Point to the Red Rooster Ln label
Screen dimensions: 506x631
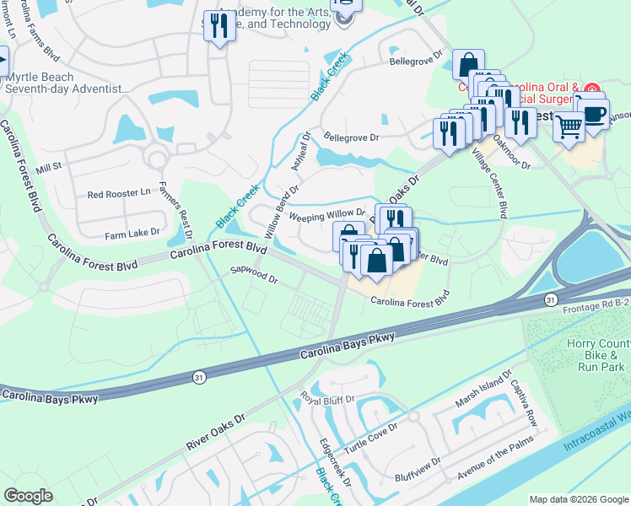(118, 194)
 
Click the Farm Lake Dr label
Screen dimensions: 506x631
(132, 233)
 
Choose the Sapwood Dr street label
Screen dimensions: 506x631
(254, 275)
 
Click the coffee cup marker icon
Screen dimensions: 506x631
(595, 112)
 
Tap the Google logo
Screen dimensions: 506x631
(28, 496)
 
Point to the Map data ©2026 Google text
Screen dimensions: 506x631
(579, 499)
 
